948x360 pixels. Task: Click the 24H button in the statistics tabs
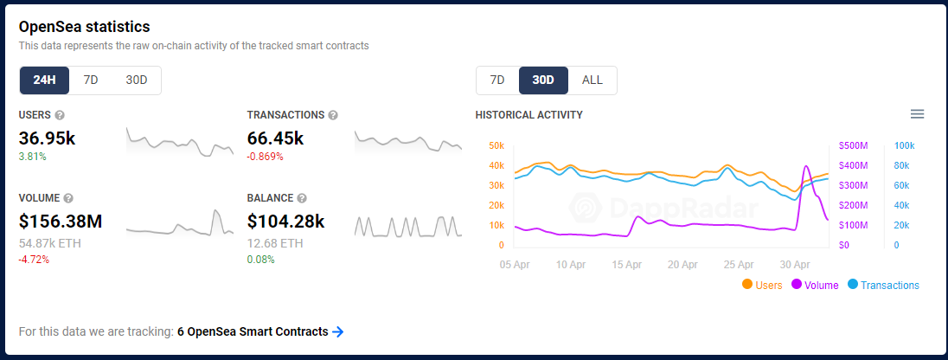45,80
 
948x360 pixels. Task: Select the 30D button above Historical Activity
543,80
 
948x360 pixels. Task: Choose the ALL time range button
592,80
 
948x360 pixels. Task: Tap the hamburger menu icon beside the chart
917,113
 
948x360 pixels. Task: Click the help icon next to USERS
59,115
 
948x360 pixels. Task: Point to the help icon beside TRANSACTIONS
332,115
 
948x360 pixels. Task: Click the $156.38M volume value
61,222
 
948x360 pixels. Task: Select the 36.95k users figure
48,138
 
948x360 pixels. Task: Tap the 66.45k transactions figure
276,138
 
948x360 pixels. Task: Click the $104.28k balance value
286,222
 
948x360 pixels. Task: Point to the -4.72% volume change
34,260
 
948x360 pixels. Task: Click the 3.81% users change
33,157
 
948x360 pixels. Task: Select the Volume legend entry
815,285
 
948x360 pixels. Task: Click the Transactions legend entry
883,285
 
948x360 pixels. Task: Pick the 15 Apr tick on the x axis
626,265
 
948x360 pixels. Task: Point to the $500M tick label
853,145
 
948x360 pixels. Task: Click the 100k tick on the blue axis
905,145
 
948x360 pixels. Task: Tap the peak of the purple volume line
806,166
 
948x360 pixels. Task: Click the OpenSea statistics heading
84,27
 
